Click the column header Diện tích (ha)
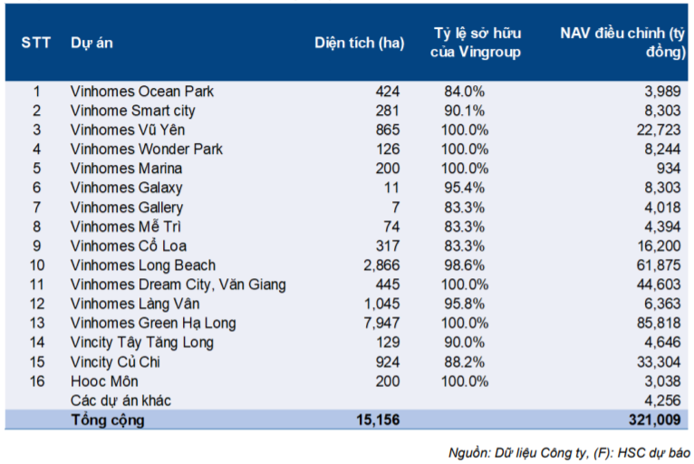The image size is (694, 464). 359,43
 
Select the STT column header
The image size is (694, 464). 36,43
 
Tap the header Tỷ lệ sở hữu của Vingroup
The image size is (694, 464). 476,43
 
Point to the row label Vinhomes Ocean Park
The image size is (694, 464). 142,92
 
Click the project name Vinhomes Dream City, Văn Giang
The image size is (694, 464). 178,285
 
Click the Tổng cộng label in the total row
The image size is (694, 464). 108,420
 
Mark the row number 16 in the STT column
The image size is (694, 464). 37,381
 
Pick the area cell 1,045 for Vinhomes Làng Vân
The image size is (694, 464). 381,304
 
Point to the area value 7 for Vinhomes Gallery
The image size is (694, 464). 395,207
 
